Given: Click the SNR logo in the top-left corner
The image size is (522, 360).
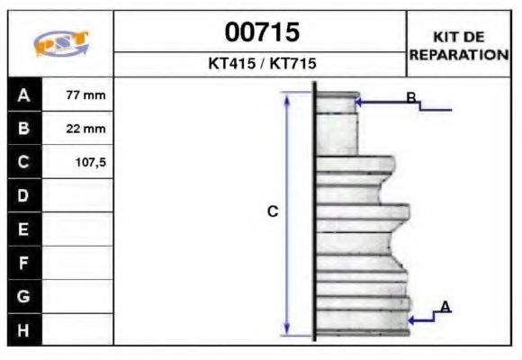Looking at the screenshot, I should pos(60,44).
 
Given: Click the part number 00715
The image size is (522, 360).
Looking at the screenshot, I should pos(261,33).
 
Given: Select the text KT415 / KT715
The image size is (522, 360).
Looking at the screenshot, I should pos(261,65).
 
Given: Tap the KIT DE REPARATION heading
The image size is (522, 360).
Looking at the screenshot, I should pos(459,45).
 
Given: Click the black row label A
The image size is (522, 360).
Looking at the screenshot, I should pos(24,94).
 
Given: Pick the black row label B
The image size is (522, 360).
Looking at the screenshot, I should pos(24,129).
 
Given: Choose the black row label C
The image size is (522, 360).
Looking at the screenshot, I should pos(24,162).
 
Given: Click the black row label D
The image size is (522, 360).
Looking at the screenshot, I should pos(24,195).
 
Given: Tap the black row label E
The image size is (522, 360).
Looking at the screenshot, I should pos(24,229).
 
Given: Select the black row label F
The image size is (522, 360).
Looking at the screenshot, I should pos(24,263).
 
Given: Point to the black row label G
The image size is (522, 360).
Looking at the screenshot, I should pos(24,296).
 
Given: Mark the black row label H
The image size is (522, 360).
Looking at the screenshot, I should pos(24,329).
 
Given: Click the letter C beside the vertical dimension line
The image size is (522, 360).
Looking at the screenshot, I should pos(273,212).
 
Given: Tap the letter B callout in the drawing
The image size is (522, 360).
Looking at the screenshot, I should pos(410,98).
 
